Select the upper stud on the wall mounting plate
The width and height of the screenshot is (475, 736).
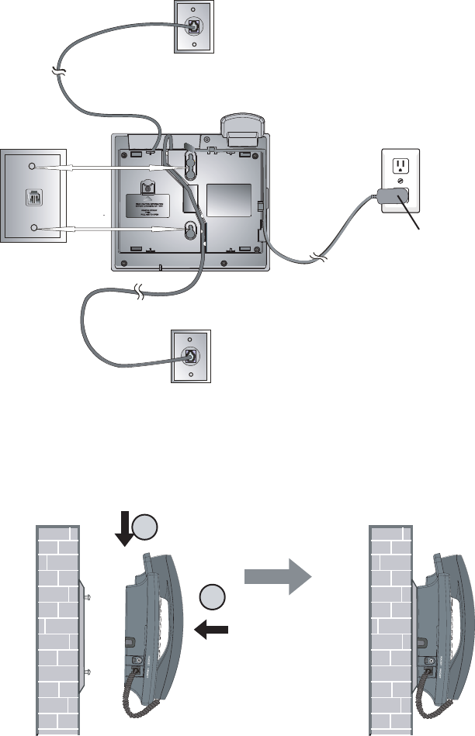point(32,167)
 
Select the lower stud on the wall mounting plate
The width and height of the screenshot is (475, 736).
point(32,228)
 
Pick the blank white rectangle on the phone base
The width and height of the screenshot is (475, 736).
point(228,199)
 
